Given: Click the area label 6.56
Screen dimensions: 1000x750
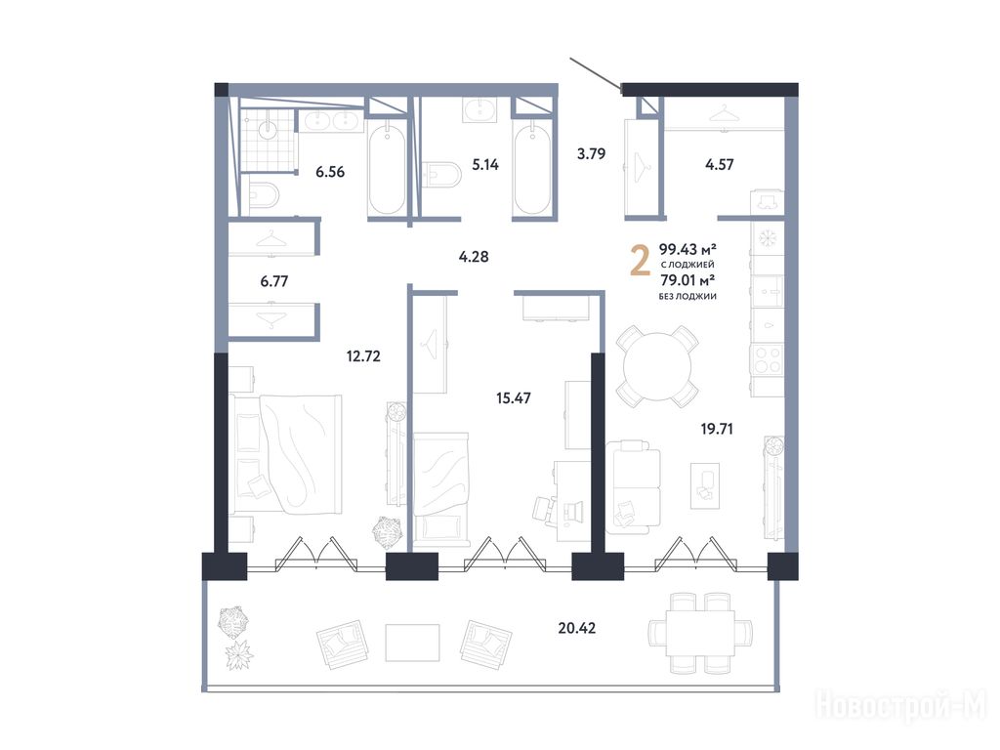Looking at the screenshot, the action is tap(330, 172).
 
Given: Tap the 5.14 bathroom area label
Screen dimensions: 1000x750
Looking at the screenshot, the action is tap(485, 164).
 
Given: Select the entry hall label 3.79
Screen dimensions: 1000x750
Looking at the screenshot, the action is tap(591, 153).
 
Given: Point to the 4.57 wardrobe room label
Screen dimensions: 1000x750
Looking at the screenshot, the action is tap(720, 164).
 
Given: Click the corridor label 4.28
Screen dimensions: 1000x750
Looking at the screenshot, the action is tap(474, 257).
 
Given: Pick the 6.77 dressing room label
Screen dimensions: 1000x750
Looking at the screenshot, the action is tap(274, 281).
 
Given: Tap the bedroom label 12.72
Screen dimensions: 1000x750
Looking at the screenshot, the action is tap(363, 355).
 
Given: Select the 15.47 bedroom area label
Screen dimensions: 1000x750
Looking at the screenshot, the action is tap(514, 398).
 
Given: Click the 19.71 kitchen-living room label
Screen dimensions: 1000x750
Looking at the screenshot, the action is tap(717, 430).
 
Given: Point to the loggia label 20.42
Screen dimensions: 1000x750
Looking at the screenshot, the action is tap(576, 628).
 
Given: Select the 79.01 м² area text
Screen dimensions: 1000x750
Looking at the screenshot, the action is tap(687, 280).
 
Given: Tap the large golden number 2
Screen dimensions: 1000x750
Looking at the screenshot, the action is tap(641, 262).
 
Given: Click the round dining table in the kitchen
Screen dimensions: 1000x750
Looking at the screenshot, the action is tap(657, 367).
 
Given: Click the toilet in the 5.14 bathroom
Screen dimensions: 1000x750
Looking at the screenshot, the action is tap(442, 176).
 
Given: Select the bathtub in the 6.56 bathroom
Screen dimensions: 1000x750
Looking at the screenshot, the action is tap(387, 169).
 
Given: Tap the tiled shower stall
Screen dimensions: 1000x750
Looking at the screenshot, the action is tap(269, 141).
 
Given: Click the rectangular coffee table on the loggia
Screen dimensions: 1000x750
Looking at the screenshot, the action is tap(413, 643).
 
